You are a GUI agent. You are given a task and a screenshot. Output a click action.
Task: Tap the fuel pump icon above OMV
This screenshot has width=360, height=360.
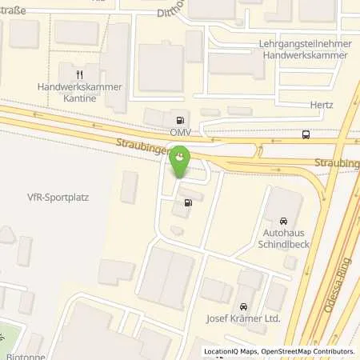[178, 115]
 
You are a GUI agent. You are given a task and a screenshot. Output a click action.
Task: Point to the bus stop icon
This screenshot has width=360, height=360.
[306, 134]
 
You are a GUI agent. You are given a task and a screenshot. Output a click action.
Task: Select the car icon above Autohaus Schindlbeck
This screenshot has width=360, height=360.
[283, 220]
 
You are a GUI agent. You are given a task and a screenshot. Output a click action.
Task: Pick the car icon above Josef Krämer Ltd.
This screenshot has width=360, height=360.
[242, 306]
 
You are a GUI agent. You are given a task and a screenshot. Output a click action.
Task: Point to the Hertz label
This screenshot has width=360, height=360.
[322, 105]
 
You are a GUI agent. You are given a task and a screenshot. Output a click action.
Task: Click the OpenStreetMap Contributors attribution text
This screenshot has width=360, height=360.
[310, 351]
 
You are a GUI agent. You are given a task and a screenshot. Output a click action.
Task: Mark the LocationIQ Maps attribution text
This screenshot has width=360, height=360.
[234, 351]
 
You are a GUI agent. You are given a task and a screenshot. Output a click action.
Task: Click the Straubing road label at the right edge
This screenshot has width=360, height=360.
[338, 163]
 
